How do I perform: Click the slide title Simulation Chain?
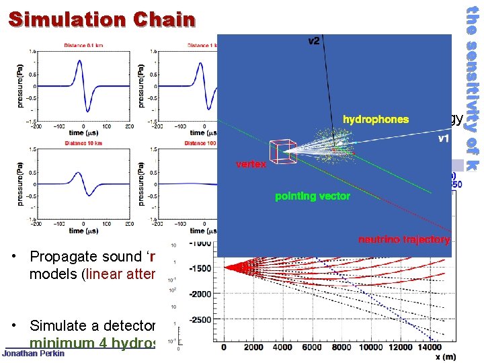click(102, 19)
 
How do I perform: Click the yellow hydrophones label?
click(375, 120)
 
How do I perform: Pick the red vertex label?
click(250, 164)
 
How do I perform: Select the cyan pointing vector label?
click(313, 196)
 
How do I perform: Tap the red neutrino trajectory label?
click(403, 239)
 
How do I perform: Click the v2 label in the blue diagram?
click(314, 42)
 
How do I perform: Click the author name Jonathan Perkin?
click(34, 354)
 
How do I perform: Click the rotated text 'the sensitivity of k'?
click(472, 87)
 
